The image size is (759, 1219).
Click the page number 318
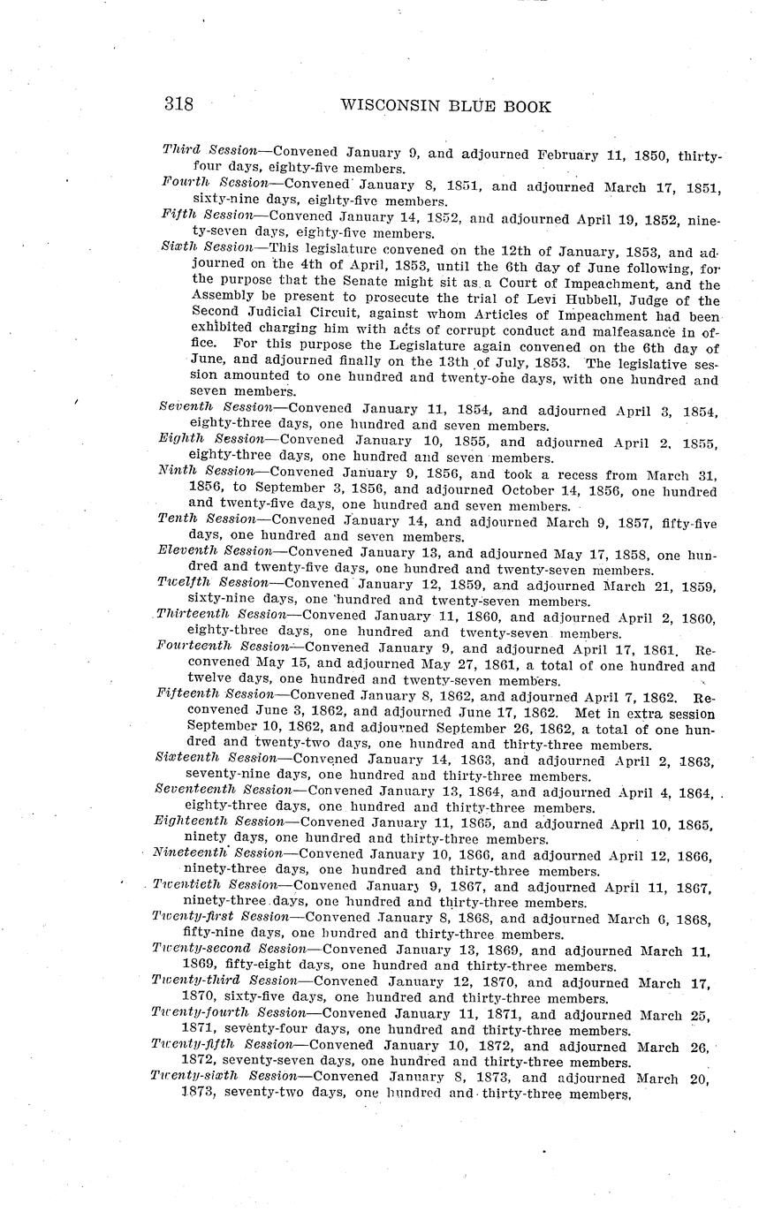[x=178, y=105]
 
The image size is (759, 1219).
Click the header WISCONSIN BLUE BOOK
[x=445, y=107]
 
